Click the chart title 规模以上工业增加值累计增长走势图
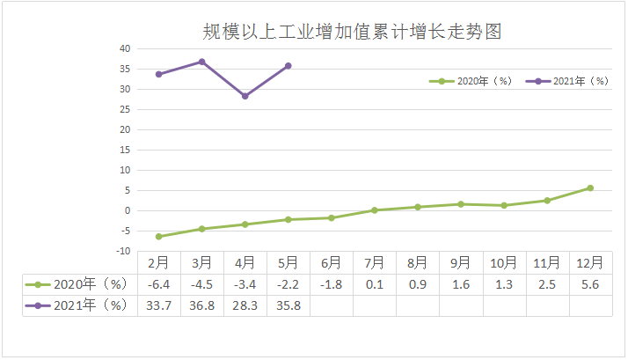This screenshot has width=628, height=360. coord(351,32)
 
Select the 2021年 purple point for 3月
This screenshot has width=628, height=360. coord(201,62)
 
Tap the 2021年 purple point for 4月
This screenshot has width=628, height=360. coord(245,96)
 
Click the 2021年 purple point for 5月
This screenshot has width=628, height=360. coord(288,66)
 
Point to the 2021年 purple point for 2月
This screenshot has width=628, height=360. coord(158,74)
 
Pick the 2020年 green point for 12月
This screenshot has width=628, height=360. coord(589,187)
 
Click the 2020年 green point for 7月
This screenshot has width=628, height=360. coord(374,210)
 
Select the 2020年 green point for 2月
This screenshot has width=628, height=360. coord(158,237)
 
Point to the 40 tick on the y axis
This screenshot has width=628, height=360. coord(125,48)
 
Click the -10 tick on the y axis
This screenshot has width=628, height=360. coord(123,251)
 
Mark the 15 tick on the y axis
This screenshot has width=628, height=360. coord(125,150)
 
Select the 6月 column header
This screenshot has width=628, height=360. coord(331,262)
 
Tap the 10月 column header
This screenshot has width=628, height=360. coord(503,262)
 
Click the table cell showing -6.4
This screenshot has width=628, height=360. coord(158,283)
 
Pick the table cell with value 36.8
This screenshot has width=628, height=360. coord(201,305)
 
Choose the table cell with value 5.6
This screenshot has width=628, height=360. coord(589,283)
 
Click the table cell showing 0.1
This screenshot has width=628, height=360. coord(374,283)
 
